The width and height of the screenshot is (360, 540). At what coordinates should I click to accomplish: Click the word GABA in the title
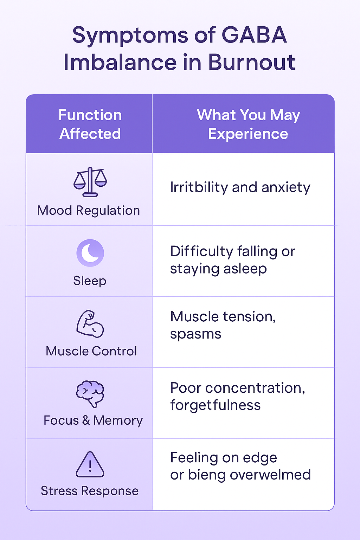(254, 35)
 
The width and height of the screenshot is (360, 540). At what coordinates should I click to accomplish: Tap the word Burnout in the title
(251, 63)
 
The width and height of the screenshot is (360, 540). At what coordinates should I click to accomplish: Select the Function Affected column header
(90, 124)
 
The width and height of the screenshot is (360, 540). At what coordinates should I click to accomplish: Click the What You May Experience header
(248, 124)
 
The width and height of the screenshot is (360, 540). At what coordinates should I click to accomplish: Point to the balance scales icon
(90, 182)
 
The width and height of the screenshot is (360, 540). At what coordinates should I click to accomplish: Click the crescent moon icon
(90, 253)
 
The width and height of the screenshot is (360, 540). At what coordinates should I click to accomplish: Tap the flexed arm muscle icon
(90, 324)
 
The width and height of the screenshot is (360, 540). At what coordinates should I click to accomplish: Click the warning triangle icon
(90, 465)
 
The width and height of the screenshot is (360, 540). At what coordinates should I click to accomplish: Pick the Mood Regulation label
(89, 211)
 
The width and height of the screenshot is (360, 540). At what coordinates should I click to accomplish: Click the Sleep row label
(90, 281)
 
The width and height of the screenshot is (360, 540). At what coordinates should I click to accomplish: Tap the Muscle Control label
(91, 351)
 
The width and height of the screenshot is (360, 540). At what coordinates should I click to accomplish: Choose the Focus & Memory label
(93, 420)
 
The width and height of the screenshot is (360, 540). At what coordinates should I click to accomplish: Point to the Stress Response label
(90, 491)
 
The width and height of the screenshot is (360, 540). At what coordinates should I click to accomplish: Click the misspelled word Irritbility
(199, 187)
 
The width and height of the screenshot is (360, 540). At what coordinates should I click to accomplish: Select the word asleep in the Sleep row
(245, 269)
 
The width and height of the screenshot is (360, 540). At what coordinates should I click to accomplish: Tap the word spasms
(195, 334)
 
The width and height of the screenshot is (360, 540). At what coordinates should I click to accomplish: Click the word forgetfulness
(215, 405)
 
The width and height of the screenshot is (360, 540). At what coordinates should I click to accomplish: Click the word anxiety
(286, 188)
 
